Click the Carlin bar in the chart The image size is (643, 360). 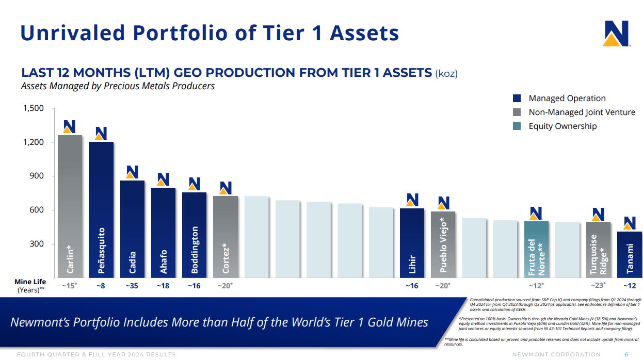[x=70, y=206]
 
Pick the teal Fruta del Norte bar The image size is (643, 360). [x=536, y=250]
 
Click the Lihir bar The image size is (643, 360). [x=412, y=243]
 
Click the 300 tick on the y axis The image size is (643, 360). [x=36, y=244]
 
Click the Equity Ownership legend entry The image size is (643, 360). [x=562, y=126]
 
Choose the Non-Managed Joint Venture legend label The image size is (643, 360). [x=582, y=112]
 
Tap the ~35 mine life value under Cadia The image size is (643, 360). [x=132, y=285]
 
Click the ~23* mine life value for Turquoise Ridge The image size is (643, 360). [x=598, y=285]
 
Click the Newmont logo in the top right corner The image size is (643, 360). [x=616, y=34]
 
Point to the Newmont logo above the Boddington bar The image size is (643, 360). [x=194, y=184]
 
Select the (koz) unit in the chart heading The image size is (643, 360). [x=446, y=73]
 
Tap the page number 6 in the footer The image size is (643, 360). [x=626, y=354]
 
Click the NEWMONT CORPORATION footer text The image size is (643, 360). [x=556, y=354]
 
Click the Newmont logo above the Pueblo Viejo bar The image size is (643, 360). [x=443, y=203]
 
